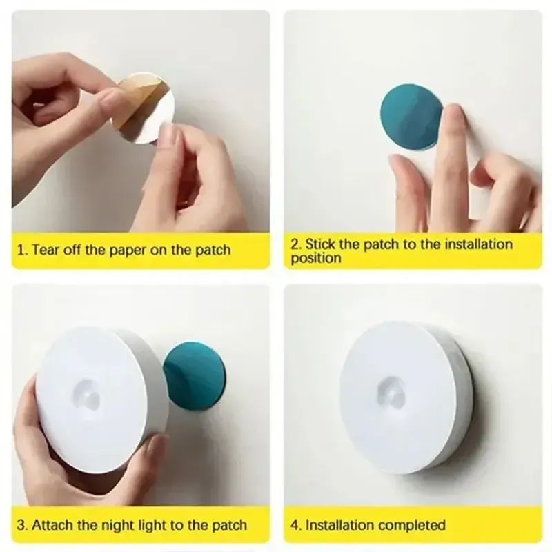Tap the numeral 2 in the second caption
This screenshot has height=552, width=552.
click(295, 244)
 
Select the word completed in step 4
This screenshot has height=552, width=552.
click(413, 526)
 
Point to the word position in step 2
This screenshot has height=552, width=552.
click(316, 259)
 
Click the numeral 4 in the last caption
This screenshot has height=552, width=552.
click(295, 526)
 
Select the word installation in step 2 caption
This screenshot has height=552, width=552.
click(475, 244)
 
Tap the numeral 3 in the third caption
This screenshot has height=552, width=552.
click(21, 526)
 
